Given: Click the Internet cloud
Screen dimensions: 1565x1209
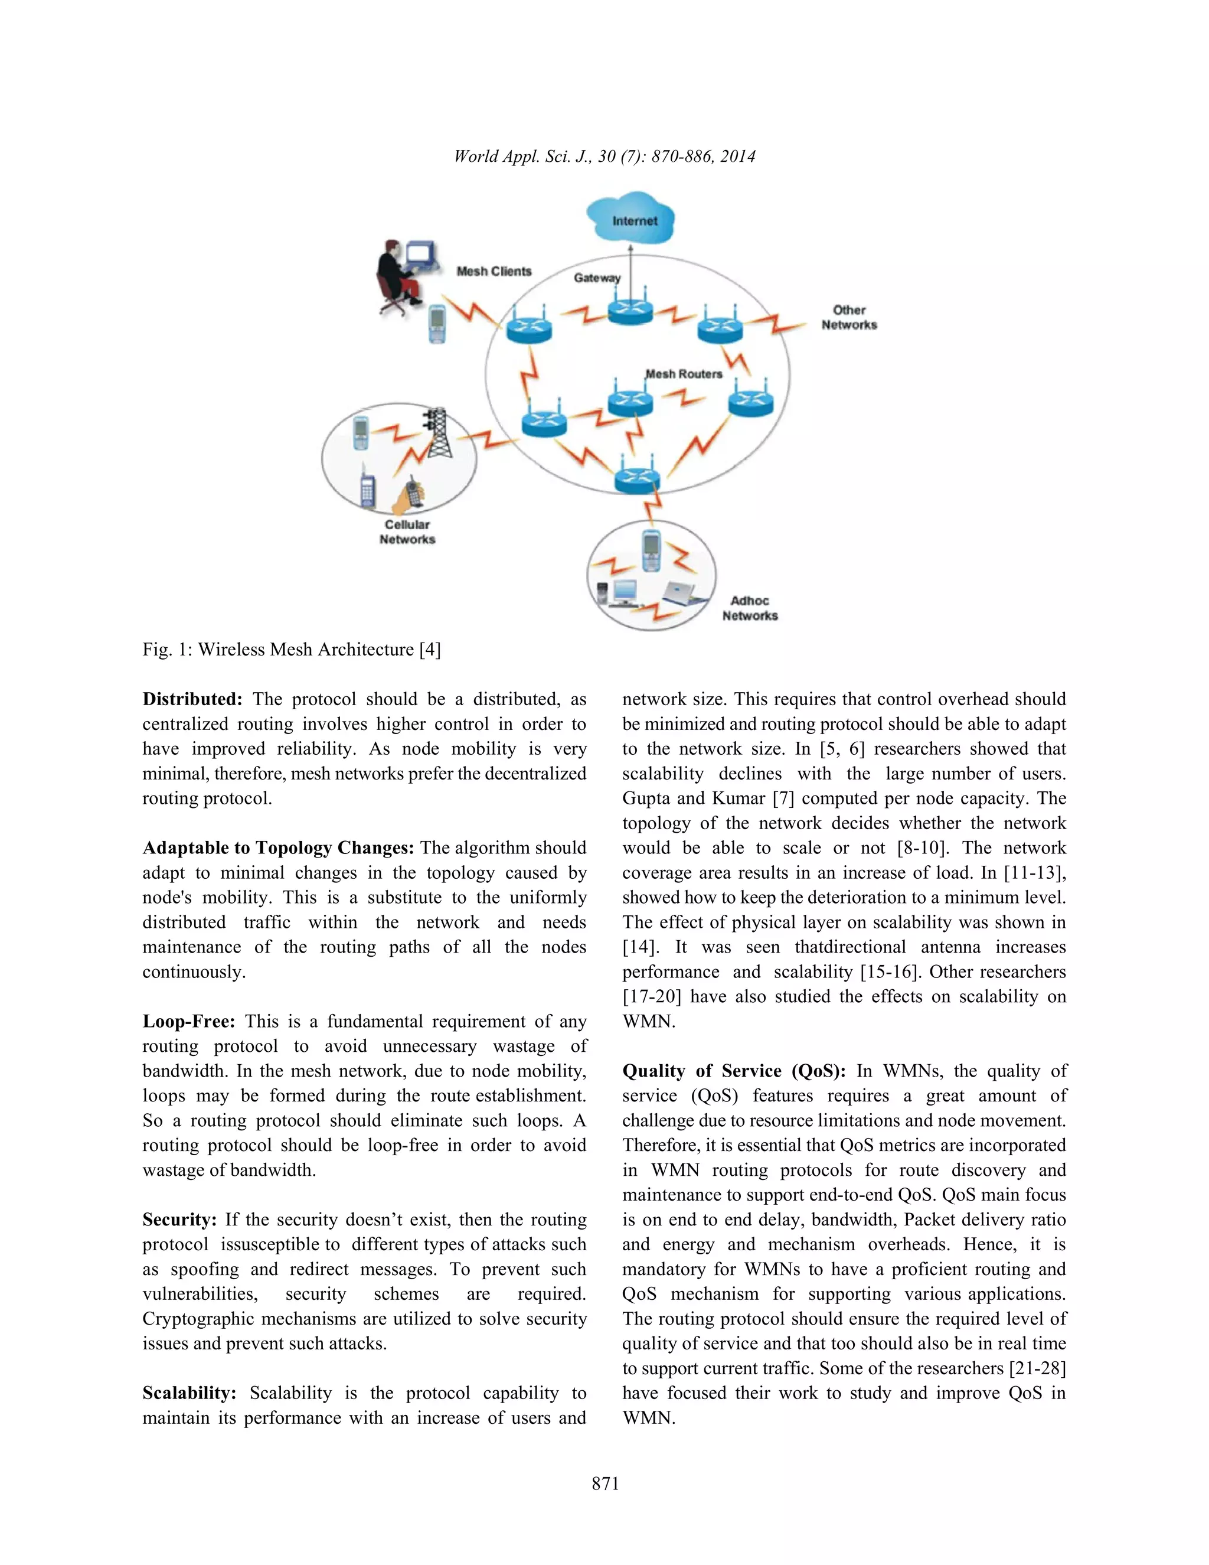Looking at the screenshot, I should coord(632,218).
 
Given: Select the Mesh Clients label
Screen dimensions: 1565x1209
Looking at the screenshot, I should coord(494,271).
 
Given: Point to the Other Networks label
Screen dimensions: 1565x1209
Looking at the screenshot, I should coord(849,318).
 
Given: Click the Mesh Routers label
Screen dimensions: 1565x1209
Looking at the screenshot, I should coord(684,374).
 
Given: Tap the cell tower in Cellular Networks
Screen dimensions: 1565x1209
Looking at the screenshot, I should coord(439,433).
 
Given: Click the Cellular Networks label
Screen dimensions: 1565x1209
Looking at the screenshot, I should coord(407,532).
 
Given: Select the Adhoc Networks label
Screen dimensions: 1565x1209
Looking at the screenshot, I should coord(749,608).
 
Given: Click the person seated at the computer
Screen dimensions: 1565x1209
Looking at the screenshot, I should coord(396,276).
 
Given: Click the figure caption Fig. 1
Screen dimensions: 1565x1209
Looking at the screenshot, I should coord(291,649).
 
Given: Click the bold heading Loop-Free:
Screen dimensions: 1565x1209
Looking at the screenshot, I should coord(188,1021).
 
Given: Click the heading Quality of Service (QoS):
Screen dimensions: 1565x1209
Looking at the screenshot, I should coord(733,1071).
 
